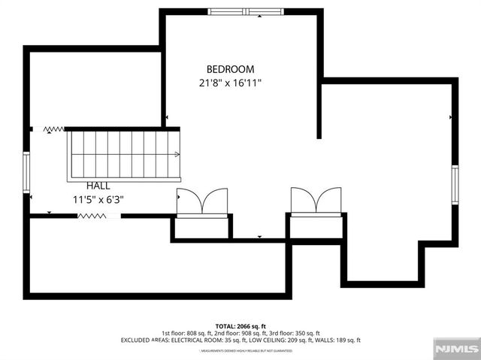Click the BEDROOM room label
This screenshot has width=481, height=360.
point(230,68)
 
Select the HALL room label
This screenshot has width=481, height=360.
point(98,186)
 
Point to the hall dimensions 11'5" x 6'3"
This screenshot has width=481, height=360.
point(98,200)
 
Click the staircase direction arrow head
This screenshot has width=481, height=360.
point(177,155)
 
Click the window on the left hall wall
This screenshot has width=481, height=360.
point(26,172)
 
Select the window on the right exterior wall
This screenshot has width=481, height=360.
point(455,184)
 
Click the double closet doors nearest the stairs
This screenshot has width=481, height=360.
point(202,201)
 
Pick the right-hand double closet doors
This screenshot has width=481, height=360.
point(316,201)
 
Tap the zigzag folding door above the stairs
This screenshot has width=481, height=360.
point(54,129)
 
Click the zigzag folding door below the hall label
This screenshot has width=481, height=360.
point(91,216)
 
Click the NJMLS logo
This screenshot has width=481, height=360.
point(455,348)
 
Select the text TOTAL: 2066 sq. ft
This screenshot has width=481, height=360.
point(240,325)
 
